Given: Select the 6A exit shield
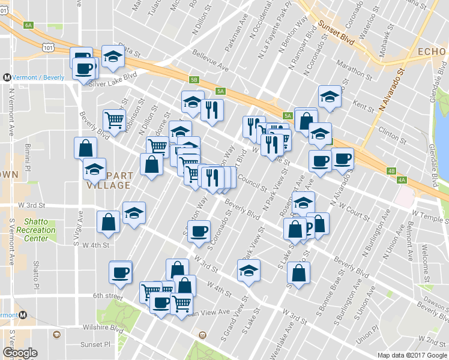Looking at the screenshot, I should (x=28, y=25).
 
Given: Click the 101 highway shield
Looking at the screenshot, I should (x=47, y=46).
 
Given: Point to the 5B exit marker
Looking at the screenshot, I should (x=193, y=79).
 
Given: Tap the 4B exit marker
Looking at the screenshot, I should (x=391, y=171).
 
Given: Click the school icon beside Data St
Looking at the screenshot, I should (x=113, y=57).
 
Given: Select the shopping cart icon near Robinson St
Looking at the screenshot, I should (x=113, y=119).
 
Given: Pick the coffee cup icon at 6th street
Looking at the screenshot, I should (x=120, y=273).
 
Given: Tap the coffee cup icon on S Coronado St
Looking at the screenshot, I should (x=199, y=231).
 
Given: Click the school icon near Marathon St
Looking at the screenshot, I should (x=329, y=97).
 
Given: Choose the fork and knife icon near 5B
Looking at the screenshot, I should (x=212, y=110).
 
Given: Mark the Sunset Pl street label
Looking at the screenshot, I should (x=96, y=345).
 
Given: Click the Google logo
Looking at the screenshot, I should (x=20, y=353).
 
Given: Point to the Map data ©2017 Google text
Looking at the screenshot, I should (x=411, y=355).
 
